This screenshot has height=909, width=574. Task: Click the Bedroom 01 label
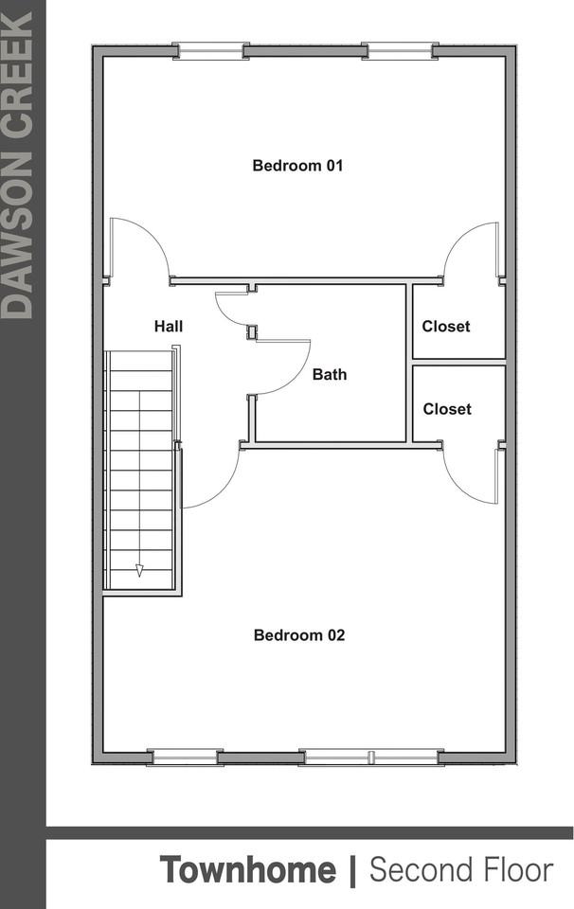(x=297, y=166)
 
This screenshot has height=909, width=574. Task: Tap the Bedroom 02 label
(x=299, y=635)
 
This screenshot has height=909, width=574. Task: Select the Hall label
(x=169, y=327)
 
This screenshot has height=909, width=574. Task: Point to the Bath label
(x=330, y=374)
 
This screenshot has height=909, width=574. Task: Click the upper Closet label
(x=446, y=327)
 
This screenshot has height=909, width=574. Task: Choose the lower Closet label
(x=447, y=409)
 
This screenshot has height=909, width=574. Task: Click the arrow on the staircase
(x=139, y=569)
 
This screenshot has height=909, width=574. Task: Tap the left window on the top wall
(x=210, y=49)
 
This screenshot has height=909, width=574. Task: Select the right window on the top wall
(x=399, y=49)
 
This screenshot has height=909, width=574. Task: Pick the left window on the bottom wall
(x=184, y=757)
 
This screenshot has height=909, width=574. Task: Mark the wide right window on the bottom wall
(x=370, y=757)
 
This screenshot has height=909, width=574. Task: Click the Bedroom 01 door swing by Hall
(x=137, y=248)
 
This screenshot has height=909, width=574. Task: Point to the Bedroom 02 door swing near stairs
(x=213, y=478)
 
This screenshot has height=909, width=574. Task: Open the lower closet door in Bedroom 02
(x=471, y=473)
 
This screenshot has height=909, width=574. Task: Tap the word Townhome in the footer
(x=247, y=869)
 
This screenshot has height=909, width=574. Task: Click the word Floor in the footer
(x=520, y=869)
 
